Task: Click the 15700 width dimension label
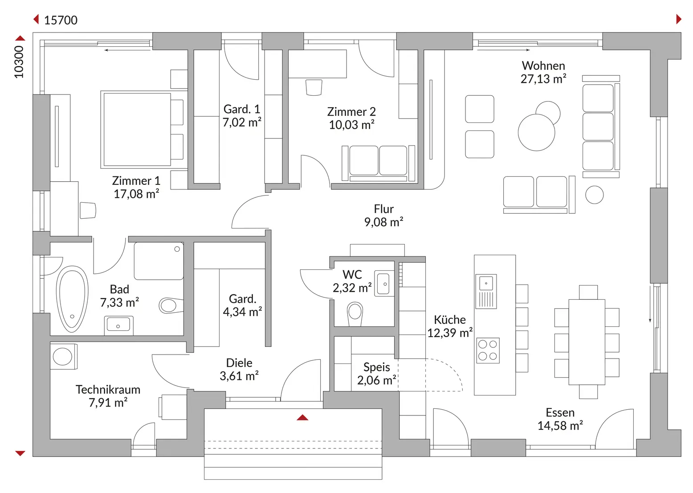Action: coord(61,20)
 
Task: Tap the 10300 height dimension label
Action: coord(19,62)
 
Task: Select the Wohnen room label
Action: coord(543,65)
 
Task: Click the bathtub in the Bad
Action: coord(72,299)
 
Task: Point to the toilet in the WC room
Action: coord(355,314)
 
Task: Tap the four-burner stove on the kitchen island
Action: coord(488,350)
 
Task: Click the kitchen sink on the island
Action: coord(486,291)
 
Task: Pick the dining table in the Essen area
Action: coord(587,342)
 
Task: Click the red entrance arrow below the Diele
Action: coord(302,418)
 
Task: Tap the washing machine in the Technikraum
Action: coord(64,356)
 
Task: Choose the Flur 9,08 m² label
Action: coord(383,216)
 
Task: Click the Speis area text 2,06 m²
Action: coord(376,380)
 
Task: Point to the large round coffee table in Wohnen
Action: coord(537,132)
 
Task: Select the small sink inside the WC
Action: coord(384,284)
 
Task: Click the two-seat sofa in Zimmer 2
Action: coord(378,163)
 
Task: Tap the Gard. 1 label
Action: coord(242,109)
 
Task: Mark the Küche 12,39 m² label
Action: coord(450,326)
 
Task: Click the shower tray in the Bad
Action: coord(159,261)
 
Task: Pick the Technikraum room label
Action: coord(108,390)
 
